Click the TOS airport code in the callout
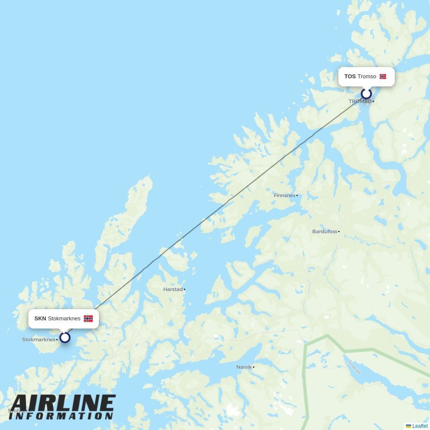[x=350, y=77]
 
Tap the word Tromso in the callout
[x=367, y=77]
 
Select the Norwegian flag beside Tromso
[x=383, y=77]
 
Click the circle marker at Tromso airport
[x=366, y=94]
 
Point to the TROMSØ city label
[x=360, y=101]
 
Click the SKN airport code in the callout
[x=40, y=319]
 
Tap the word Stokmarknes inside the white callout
[x=64, y=319]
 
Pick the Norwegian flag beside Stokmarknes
[x=88, y=319]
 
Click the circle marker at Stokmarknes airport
[x=65, y=338]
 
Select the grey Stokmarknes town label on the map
[x=39, y=340]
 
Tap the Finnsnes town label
[x=285, y=195]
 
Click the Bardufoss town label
[x=325, y=231]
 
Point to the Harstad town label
[x=173, y=289]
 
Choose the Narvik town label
[x=244, y=367]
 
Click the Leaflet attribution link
[x=420, y=426]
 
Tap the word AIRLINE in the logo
[x=63, y=404]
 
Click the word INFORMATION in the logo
[x=61, y=416]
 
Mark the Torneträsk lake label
[x=355, y=367]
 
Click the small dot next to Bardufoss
[x=339, y=232]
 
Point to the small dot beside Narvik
[x=254, y=367]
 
